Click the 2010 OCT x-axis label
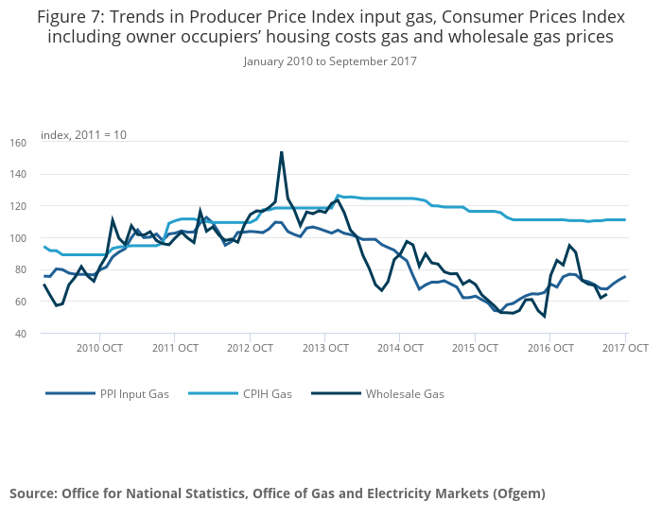99,348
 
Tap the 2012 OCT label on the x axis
250,348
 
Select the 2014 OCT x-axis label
400,348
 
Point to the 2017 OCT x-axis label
625,348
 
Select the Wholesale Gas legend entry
405,394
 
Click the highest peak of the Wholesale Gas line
281,152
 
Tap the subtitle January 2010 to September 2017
330,61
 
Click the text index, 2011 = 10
83,135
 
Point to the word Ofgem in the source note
517,493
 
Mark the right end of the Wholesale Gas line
605,294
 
